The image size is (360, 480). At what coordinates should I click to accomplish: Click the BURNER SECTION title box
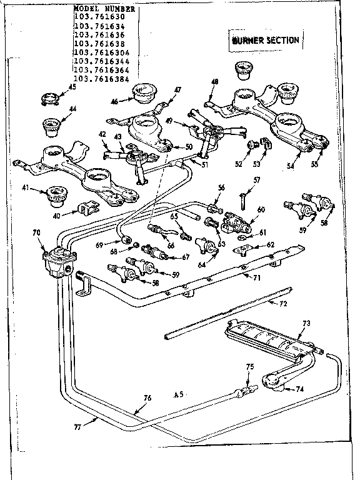coord(265,41)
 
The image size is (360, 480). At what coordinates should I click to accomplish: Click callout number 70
coord(36,232)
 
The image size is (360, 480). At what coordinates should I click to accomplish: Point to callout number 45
coord(71,88)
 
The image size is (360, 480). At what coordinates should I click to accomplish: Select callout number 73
coord(306,323)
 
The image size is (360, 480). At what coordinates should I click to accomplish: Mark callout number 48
coord(215,82)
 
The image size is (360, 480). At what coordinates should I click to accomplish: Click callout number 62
coord(272,245)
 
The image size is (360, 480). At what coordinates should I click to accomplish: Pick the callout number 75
coord(249,367)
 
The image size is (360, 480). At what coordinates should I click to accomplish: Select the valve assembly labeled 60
coord(236,219)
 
